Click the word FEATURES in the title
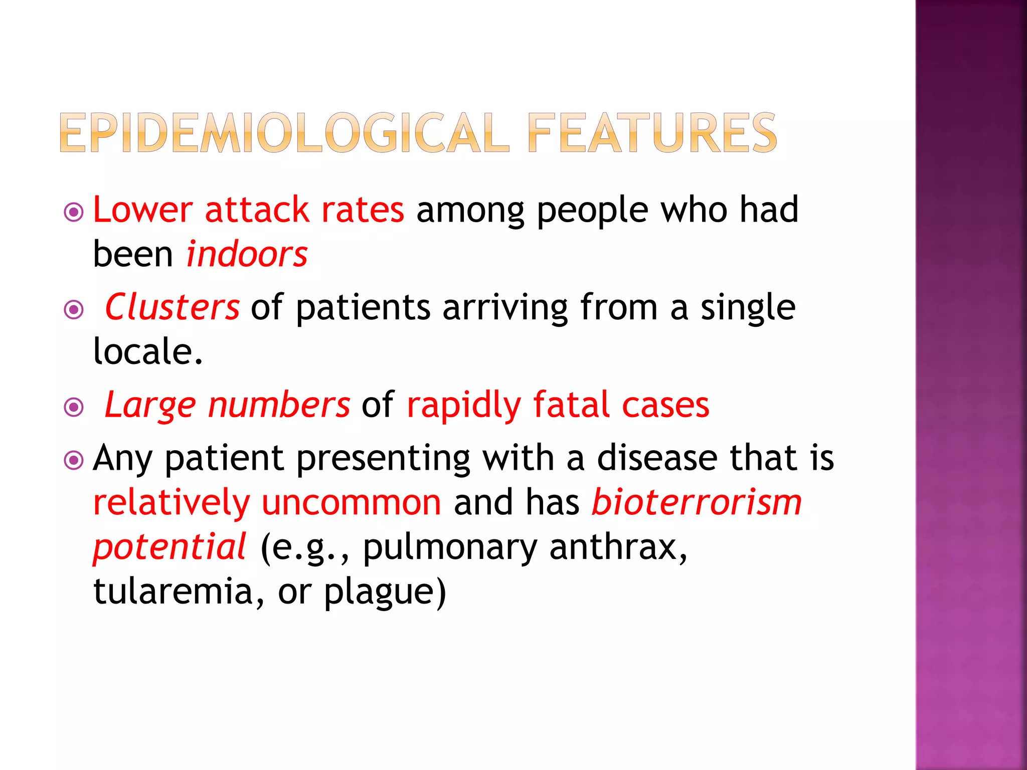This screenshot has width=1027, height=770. point(652,132)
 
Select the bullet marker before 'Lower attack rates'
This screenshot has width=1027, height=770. point(74,212)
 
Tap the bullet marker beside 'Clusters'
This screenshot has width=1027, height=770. point(74,309)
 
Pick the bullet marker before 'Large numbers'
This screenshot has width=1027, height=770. point(74,407)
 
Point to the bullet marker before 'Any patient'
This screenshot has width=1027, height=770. point(74,460)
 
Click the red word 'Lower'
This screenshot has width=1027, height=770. point(143,210)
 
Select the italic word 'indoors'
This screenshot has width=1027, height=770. point(247,254)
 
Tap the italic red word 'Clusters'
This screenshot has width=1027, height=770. point(172,307)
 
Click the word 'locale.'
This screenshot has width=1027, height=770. point(148,351)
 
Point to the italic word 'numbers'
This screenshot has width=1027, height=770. point(279,405)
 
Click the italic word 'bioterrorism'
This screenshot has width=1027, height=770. point(697,502)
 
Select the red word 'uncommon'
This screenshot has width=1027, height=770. point(352,502)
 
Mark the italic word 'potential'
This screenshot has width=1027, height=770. point(169,547)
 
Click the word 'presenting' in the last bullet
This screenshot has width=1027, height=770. point(383,458)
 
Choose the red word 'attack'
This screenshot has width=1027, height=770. point(257,210)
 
